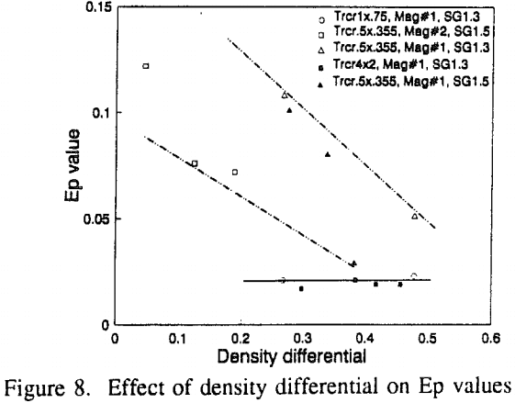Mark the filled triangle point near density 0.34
[x=327, y=154]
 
